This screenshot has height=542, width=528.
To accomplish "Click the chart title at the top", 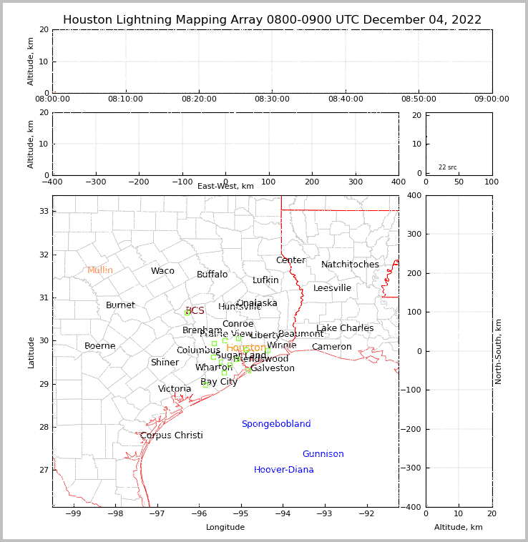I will [272, 20].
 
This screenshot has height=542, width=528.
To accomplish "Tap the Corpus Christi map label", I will [171, 435].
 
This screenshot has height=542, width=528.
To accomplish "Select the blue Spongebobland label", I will [275, 424].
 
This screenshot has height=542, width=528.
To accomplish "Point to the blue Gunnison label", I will [323, 454].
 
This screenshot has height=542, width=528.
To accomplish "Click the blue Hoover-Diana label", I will [283, 470].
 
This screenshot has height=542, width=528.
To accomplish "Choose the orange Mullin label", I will [100, 270].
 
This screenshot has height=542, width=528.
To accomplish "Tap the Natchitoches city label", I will [350, 265].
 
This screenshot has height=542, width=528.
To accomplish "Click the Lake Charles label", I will [345, 328].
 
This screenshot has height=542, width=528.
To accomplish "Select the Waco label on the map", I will [162, 271].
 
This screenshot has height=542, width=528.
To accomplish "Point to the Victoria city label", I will [175, 389].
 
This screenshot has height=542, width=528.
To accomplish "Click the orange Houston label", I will [246, 348].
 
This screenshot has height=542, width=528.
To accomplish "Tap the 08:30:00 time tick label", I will [273, 99].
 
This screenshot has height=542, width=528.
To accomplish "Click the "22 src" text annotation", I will [447, 167].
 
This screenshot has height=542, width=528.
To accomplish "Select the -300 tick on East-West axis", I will [95, 182].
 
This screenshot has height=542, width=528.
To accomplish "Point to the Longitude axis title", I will [225, 527].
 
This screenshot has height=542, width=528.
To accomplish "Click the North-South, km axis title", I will [499, 351].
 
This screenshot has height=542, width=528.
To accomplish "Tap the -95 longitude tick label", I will [240, 513].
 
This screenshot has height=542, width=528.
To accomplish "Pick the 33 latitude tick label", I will [43, 211].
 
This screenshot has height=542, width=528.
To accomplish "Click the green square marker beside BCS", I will [187, 312].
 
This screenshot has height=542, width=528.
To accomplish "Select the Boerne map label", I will [99, 346].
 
